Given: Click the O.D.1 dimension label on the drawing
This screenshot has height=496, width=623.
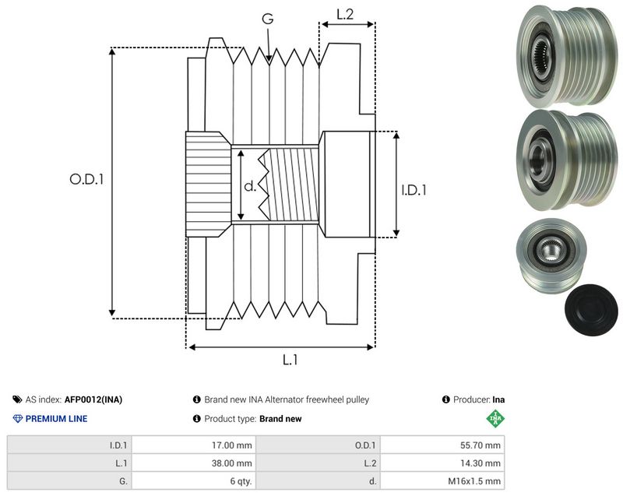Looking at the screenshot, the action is tap(86, 179).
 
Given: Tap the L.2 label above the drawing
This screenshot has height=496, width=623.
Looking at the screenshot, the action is tap(345, 14).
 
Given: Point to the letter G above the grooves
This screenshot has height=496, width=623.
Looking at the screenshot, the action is tap(268, 18).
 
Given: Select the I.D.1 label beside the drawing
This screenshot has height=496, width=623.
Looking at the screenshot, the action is tap(414, 190).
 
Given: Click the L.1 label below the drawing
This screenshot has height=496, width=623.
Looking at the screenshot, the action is tap(290, 360).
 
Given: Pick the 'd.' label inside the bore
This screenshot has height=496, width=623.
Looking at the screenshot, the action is tap(250, 185).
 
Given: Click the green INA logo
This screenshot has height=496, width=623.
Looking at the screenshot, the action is tap(495, 418).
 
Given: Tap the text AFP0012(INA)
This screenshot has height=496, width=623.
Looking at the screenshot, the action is tap(93, 399).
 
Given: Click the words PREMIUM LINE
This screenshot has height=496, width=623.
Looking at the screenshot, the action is tap(56, 419).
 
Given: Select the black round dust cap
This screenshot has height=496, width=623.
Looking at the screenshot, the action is tap(591, 310).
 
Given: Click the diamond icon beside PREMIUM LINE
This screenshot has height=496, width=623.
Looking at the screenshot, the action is tap(18, 419).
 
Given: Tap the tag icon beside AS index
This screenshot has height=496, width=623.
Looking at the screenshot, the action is tap(17, 399).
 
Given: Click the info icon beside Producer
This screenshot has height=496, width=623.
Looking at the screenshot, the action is tap(445, 399).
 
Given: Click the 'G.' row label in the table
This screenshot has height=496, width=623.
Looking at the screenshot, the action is tap(123, 481).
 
